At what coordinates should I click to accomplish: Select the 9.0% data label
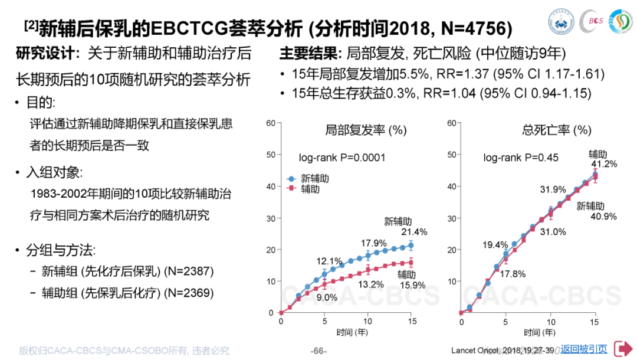[x=327, y=297]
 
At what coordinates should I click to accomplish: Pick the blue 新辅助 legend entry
[x=308, y=178]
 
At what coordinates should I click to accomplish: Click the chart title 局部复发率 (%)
[x=366, y=130]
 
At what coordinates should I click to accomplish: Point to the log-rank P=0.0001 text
[x=342, y=158]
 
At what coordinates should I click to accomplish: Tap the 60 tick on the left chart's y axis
[x=270, y=123]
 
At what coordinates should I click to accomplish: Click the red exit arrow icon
[x=622, y=349]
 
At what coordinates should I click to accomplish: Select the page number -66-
[x=318, y=351]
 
